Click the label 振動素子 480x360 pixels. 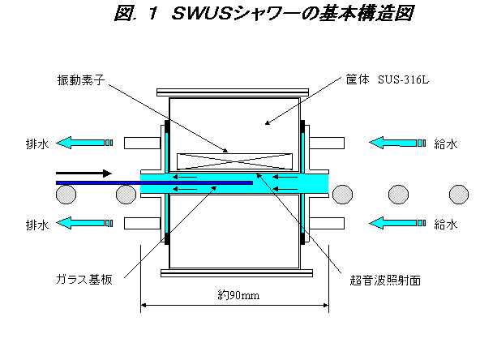point(81,80)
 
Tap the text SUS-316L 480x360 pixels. point(403,80)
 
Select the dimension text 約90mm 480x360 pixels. point(238,295)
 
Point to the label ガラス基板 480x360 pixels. point(84,279)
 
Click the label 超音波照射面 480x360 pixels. point(385,280)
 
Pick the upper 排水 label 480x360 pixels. point(37,144)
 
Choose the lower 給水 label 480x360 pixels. point(445,225)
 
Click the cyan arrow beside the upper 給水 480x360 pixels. point(397,143)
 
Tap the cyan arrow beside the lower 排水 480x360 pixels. point(84,223)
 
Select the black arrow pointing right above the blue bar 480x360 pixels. point(84,174)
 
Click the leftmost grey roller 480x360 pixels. point(66,195)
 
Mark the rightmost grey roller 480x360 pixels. point(459,195)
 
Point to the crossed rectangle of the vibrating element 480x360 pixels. point(235,161)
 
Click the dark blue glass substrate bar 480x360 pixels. point(154,182)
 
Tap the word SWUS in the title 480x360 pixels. point(201,14)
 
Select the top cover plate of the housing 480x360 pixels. point(233,92)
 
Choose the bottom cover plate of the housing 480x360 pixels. point(237,273)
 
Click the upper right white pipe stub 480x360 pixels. point(327,143)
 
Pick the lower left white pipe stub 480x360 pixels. point(143,224)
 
